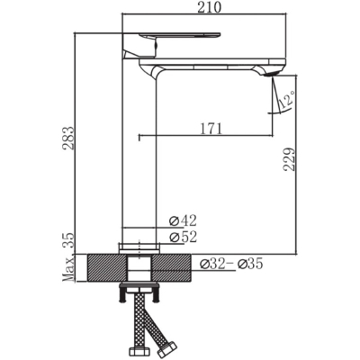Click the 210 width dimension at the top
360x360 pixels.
[209, 7]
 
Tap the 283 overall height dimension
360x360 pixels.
[68, 139]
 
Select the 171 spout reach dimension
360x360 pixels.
[211, 129]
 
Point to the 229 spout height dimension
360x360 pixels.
[289, 159]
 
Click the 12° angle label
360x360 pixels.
[286, 100]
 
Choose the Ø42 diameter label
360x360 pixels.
[183, 221]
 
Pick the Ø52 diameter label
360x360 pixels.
[183, 237]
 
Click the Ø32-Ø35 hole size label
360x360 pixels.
[231, 264]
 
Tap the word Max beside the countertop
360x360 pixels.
[68, 269]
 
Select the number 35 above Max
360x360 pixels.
[68, 240]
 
